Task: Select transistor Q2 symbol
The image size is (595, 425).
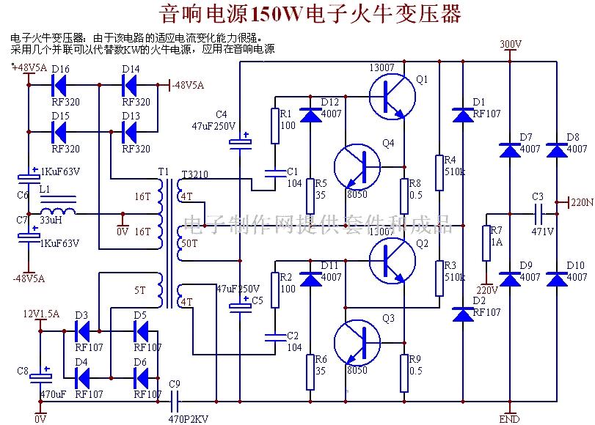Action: (x=392, y=261)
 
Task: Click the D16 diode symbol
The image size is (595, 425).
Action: (x=60, y=85)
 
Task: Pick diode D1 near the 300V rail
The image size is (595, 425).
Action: (x=463, y=115)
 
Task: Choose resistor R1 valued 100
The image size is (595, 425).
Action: (x=275, y=126)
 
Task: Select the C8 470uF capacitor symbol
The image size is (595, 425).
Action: (x=37, y=378)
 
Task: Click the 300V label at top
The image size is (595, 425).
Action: (x=510, y=45)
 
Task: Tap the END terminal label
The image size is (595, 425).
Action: (x=509, y=419)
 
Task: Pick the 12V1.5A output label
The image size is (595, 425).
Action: (x=42, y=313)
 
